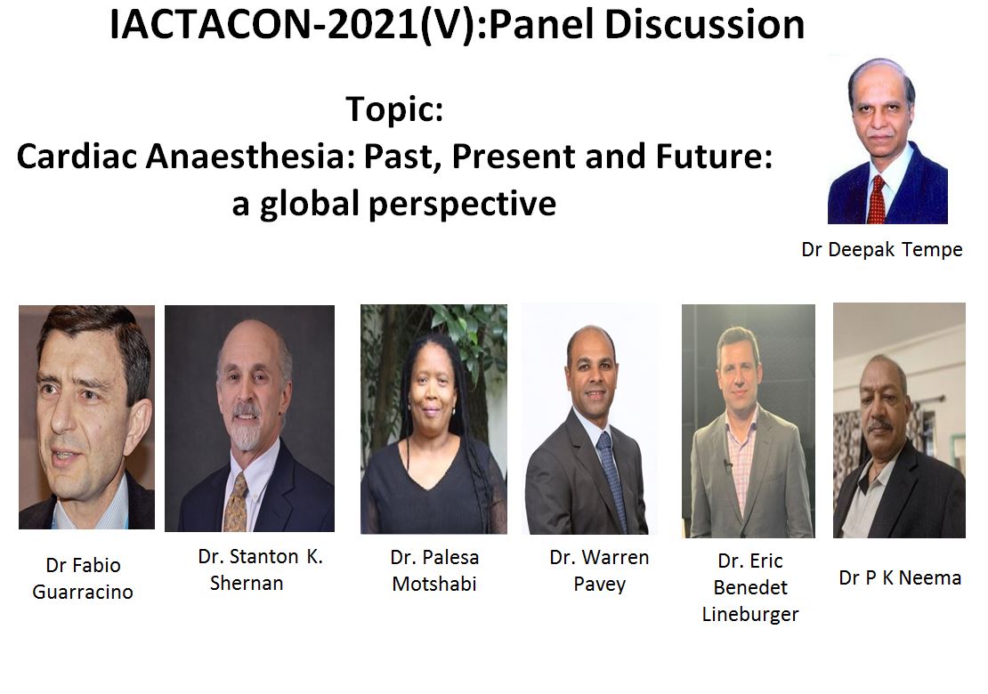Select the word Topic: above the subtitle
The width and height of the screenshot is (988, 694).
point(394,109)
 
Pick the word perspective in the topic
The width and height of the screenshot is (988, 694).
point(463,205)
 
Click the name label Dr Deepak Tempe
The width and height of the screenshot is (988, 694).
point(881,249)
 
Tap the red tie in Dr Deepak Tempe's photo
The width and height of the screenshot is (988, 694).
point(876,199)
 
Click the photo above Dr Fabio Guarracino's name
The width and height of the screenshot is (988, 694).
point(86,417)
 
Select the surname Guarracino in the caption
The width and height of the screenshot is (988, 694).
point(83,592)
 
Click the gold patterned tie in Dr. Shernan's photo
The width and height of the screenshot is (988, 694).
point(236,503)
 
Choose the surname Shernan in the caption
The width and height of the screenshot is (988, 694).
point(247,583)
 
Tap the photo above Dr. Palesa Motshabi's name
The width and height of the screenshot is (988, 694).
point(433,419)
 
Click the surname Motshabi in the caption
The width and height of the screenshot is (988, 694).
point(434,584)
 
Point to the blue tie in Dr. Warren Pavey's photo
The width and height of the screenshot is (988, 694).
point(612,480)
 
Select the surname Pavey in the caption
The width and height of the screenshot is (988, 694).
point(599,585)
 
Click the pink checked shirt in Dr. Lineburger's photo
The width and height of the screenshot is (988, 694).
point(740,466)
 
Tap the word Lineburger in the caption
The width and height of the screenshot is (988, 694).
point(749,614)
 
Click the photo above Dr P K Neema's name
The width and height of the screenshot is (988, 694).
point(899,420)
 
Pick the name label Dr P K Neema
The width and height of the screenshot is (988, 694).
point(900,578)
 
